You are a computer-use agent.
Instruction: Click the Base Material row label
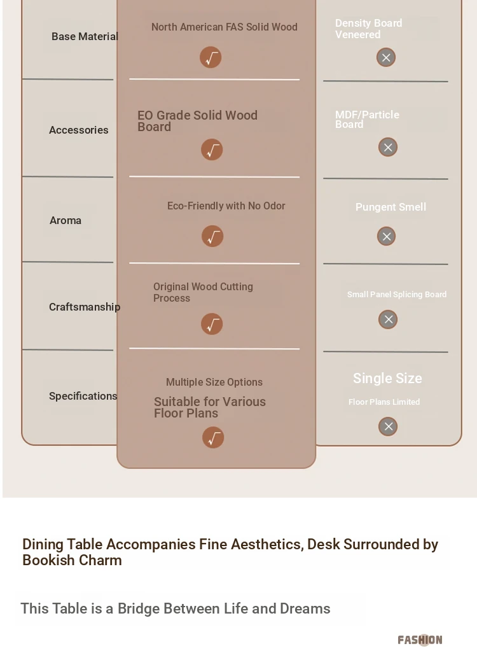(85, 37)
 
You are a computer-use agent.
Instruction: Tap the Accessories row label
(79, 130)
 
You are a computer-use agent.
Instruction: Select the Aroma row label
(66, 220)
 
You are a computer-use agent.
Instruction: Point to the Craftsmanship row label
(85, 307)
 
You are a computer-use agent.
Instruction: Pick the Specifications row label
(83, 396)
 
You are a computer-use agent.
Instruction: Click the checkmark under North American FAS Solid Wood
(211, 57)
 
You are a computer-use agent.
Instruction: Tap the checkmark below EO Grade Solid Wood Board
(212, 150)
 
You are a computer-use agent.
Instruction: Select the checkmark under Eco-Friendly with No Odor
(212, 236)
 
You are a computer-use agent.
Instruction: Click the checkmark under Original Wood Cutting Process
(212, 324)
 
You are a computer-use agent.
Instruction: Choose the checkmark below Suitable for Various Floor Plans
(213, 438)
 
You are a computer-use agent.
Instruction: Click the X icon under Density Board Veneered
(386, 58)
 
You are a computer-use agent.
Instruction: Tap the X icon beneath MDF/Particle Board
(388, 147)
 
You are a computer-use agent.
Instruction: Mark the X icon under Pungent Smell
(387, 236)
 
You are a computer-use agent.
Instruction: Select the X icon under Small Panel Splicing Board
(388, 319)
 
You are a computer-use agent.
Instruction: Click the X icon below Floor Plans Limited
(388, 427)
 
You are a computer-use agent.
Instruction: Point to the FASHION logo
(420, 640)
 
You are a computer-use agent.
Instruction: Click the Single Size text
(387, 379)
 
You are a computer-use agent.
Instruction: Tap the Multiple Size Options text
(214, 383)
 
